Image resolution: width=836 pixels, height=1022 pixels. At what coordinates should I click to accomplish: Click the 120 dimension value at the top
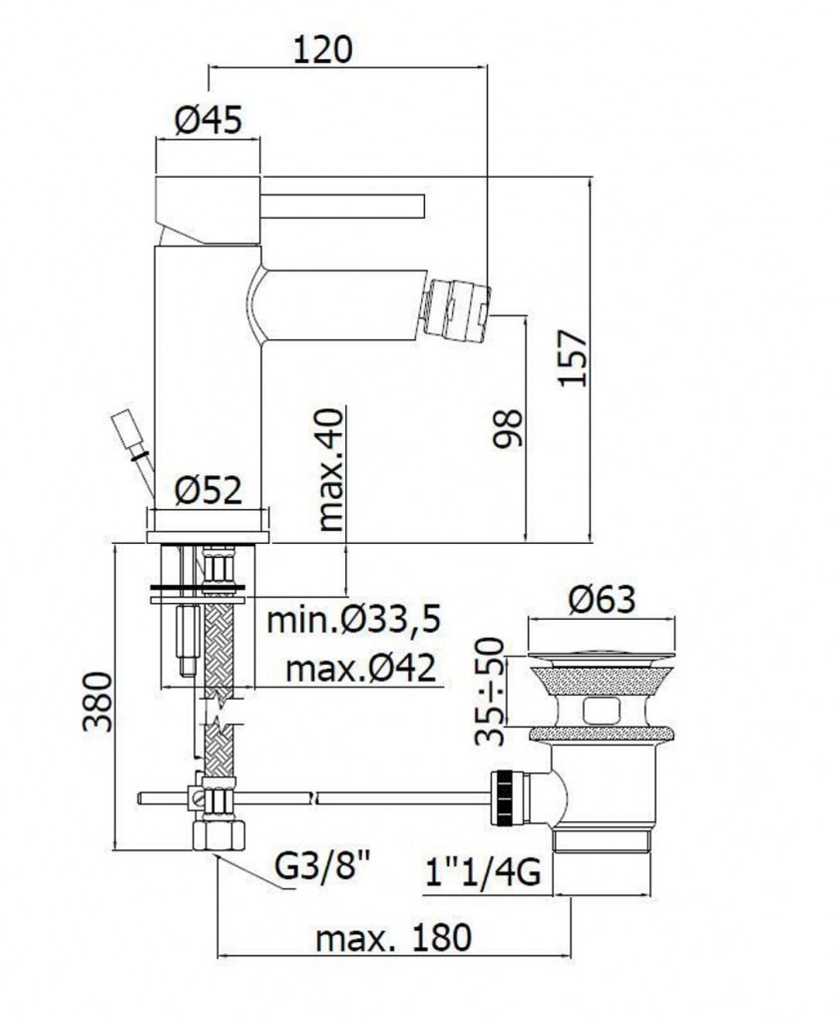[322, 50]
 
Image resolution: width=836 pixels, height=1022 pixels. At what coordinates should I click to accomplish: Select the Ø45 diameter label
[209, 120]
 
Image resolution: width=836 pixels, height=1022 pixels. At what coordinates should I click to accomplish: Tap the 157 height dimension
[574, 358]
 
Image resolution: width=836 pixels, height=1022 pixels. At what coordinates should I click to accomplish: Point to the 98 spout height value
[508, 428]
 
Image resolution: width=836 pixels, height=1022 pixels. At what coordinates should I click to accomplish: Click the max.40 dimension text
[331, 469]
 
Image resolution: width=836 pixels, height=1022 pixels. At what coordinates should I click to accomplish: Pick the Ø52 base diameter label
[209, 490]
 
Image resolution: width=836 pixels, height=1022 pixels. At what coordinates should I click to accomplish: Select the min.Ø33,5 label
[354, 620]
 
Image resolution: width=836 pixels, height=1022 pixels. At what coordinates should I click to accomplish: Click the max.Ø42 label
[361, 669]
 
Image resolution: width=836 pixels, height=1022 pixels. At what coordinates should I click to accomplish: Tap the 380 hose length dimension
[98, 702]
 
